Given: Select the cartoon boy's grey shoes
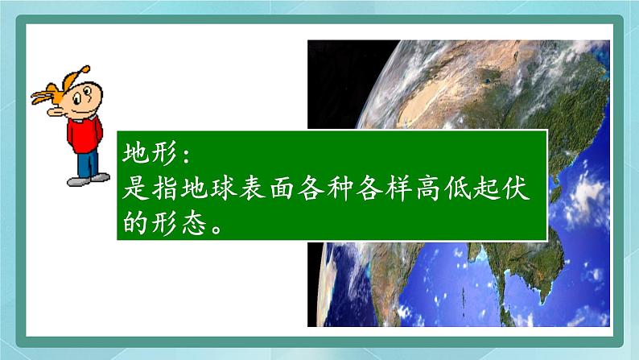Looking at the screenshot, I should pyautogui.click(x=89, y=181).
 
